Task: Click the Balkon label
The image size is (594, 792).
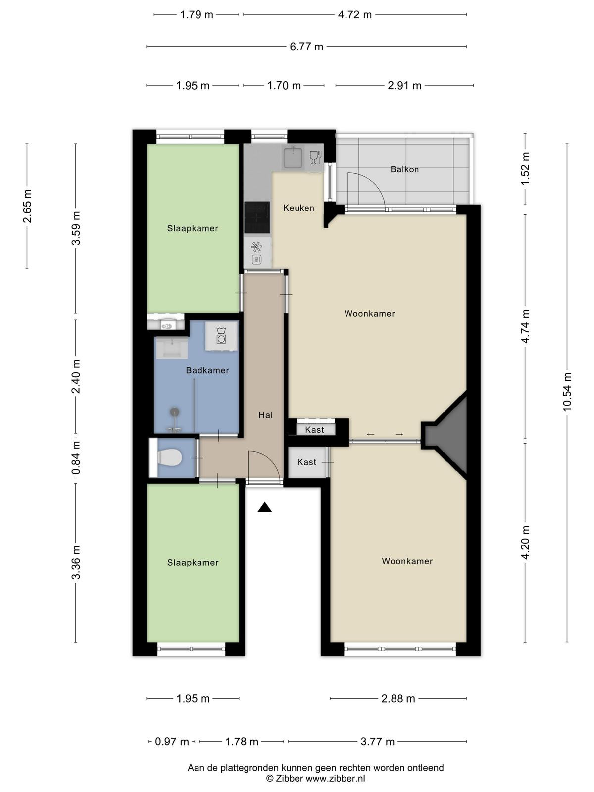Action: click(x=404, y=169)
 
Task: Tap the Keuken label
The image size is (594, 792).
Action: click(x=298, y=208)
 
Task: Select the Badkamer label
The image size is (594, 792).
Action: click(x=207, y=370)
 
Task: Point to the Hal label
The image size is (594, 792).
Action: click(x=265, y=415)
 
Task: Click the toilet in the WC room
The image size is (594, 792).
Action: click(x=169, y=458)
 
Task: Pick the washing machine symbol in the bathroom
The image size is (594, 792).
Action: click(x=221, y=336)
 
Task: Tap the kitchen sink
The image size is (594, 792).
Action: click(x=293, y=158)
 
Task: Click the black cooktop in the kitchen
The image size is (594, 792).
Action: click(x=257, y=218)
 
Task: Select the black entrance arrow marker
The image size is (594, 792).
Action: click(x=264, y=507)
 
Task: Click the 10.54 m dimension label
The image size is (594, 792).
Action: click(x=567, y=392)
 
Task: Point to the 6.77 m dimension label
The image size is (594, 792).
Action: click(x=306, y=47)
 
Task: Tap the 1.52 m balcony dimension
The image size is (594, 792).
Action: click(x=525, y=168)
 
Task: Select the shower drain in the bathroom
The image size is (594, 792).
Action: click(x=175, y=411)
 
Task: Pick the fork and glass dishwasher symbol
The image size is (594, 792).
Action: click(x=315, y=158)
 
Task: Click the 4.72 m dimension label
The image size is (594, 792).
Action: click(x=354, y=15)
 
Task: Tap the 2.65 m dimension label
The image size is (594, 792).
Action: click(x=27, y=205)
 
